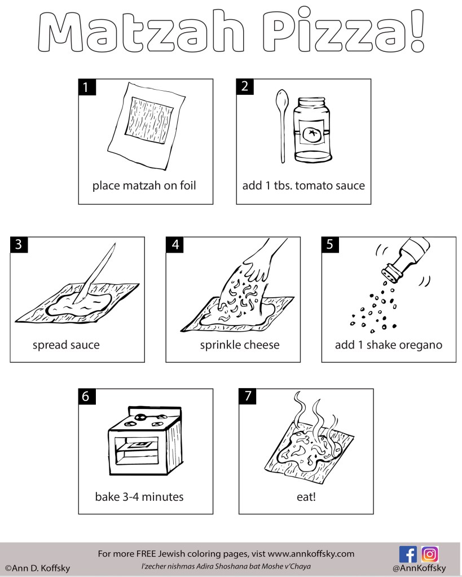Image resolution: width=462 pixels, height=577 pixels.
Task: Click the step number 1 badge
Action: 86,87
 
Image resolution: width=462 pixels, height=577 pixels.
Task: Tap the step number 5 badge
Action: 330,245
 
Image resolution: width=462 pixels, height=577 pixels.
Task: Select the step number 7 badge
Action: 248,397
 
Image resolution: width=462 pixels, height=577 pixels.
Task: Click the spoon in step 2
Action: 280,125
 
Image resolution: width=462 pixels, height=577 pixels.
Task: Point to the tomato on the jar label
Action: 311,134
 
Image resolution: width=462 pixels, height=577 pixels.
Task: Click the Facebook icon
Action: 408,554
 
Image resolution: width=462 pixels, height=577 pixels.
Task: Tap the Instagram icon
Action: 430,554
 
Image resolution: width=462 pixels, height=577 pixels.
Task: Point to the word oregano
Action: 421,345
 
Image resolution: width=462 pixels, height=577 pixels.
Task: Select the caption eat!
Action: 305,497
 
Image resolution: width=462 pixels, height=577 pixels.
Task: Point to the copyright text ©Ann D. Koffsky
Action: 38,568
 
